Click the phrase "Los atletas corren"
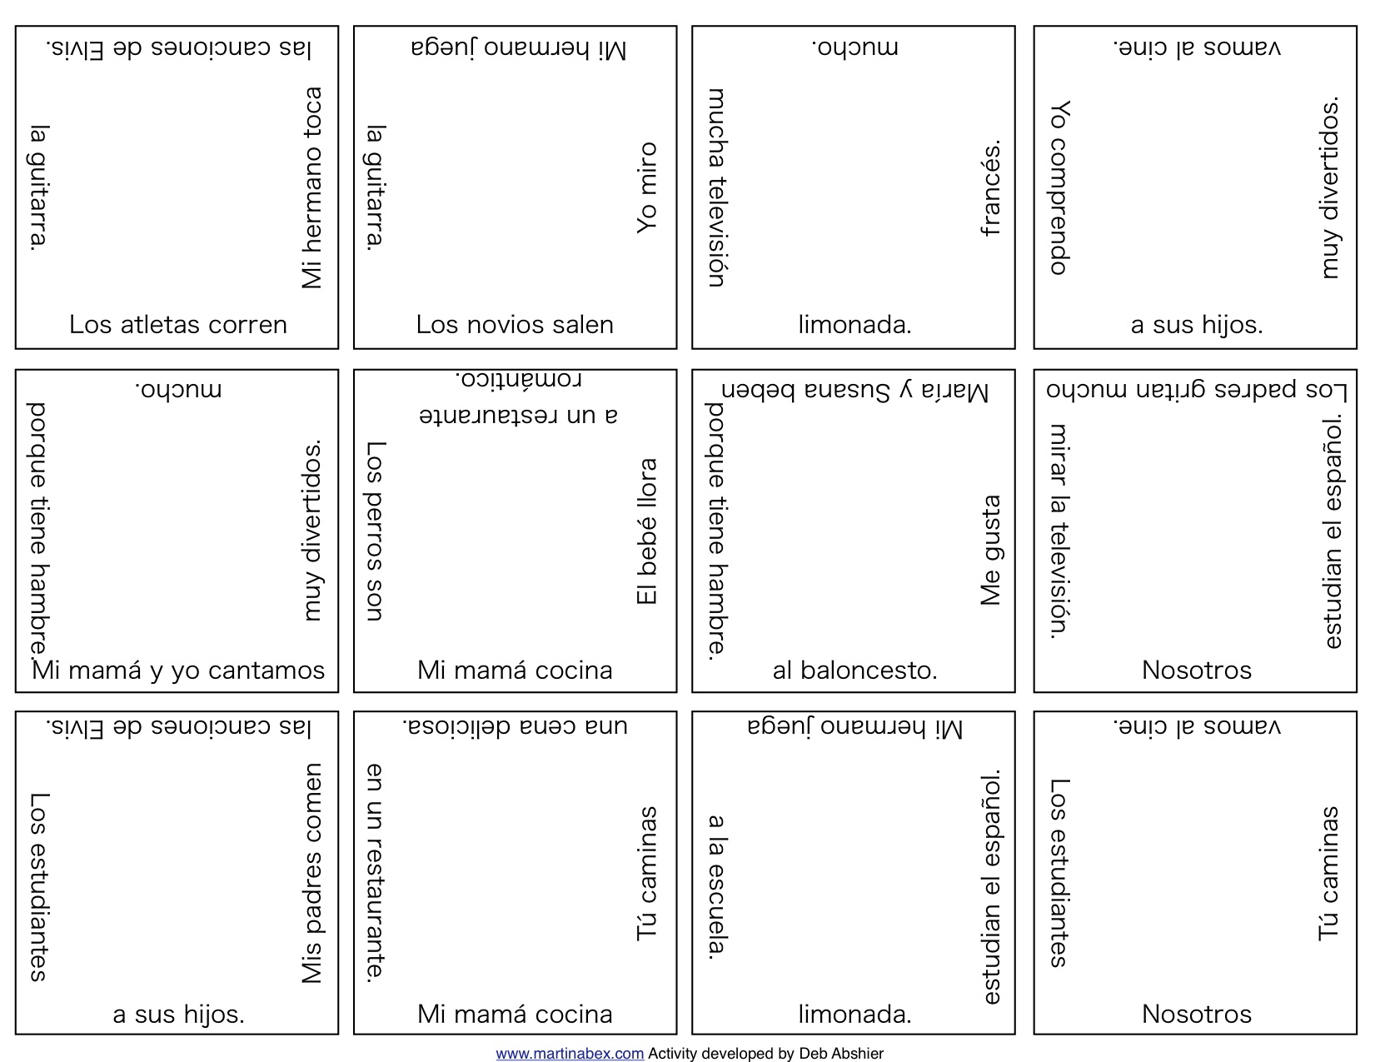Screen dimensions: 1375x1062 [x=177, y=325]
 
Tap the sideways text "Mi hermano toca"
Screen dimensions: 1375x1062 [x=311, y=188]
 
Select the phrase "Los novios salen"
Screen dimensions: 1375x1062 [x=515, y=325]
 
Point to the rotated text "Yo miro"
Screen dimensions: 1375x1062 [x=646, y=188]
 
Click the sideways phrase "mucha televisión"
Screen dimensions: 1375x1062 [x=717, y=188]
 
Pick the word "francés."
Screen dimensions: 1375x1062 [x=991, y=188]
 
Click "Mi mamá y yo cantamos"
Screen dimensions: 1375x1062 [x=177, y=671]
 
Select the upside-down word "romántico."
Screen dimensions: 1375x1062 [x=518, y=379]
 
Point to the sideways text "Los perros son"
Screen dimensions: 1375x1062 [x=376, y=531]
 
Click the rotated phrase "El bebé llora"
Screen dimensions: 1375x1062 [x=646, y=531]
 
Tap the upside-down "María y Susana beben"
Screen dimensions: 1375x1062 [x=854, y=390]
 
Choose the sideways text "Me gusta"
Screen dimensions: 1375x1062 [x=991, y=550]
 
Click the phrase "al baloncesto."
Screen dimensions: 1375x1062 [x=854, y=671]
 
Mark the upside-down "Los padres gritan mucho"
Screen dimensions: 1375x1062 [x=1197, y=389]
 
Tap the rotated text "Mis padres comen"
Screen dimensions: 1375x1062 [x=311, y=874]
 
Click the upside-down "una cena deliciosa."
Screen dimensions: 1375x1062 [x=515, y=725]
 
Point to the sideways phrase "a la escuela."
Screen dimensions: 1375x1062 [x=717, y=887]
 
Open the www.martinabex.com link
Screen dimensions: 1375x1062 [x=570, y=1053]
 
